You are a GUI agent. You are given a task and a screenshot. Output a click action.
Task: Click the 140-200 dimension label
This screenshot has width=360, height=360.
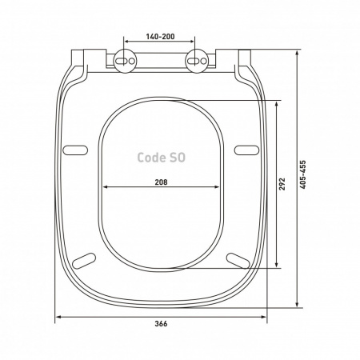pyautogui.click(x=160, y=37)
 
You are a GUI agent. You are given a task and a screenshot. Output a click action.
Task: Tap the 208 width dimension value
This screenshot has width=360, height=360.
pyautogui.click(x=162, y=182)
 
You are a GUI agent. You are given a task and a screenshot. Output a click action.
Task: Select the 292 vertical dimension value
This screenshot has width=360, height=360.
pyautogui.click(x=282, y=184)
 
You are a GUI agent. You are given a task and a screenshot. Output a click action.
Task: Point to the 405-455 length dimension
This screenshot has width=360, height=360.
pyautogui.click(x=302, y=174)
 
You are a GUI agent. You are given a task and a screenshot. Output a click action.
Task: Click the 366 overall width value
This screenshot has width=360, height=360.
pyautogui.click(x=161, y=324)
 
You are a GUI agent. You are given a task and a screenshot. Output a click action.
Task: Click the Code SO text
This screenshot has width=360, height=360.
pyautogui.click(x=162, y=158)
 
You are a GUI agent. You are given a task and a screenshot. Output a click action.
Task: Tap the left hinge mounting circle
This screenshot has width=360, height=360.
pyautogui.click(x=125, y=61)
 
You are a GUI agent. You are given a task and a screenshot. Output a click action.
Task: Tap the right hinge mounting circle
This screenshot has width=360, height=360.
pyautogui.click(x=197, y=61)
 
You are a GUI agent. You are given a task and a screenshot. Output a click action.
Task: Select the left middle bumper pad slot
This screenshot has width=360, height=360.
pyautogui.click(x=75, y=150)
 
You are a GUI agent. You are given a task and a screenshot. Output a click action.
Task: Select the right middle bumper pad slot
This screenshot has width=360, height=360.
pyautogui.click(x=246, y=150)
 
